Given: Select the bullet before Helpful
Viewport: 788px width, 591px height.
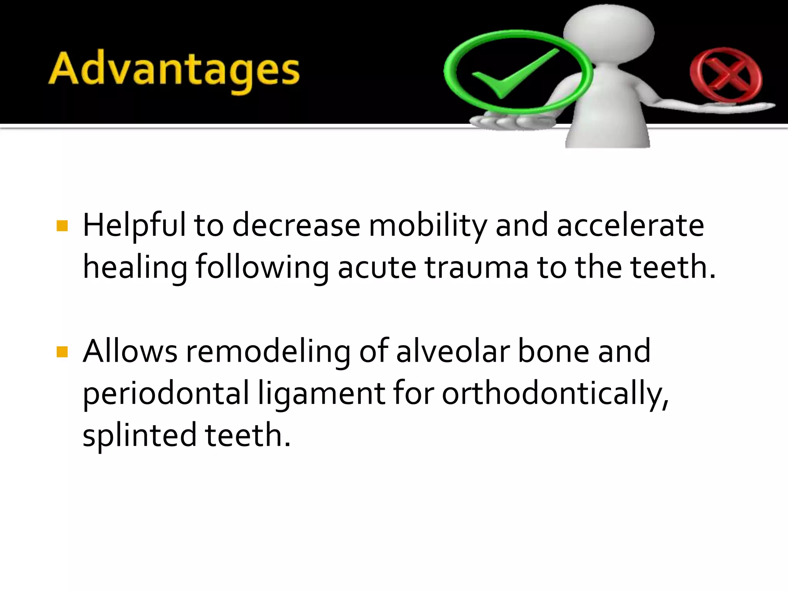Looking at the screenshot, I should pyautogui.click(x=62, y=226).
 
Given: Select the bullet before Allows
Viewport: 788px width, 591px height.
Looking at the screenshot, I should pyautogui.click(x=62, y=352).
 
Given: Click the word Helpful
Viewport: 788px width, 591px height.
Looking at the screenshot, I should pyautogui.click(x=134, y=225).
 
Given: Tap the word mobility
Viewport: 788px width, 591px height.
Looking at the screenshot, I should pyautogui.click(x=427, y=225).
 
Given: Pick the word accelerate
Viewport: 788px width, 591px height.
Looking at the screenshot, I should pyautogui.click(x=630, y=225).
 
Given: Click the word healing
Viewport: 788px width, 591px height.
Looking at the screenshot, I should pyautogui.click(x=135, y=268).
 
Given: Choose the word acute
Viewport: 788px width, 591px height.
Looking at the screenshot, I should pyautogui.click(x=377, y=267).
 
